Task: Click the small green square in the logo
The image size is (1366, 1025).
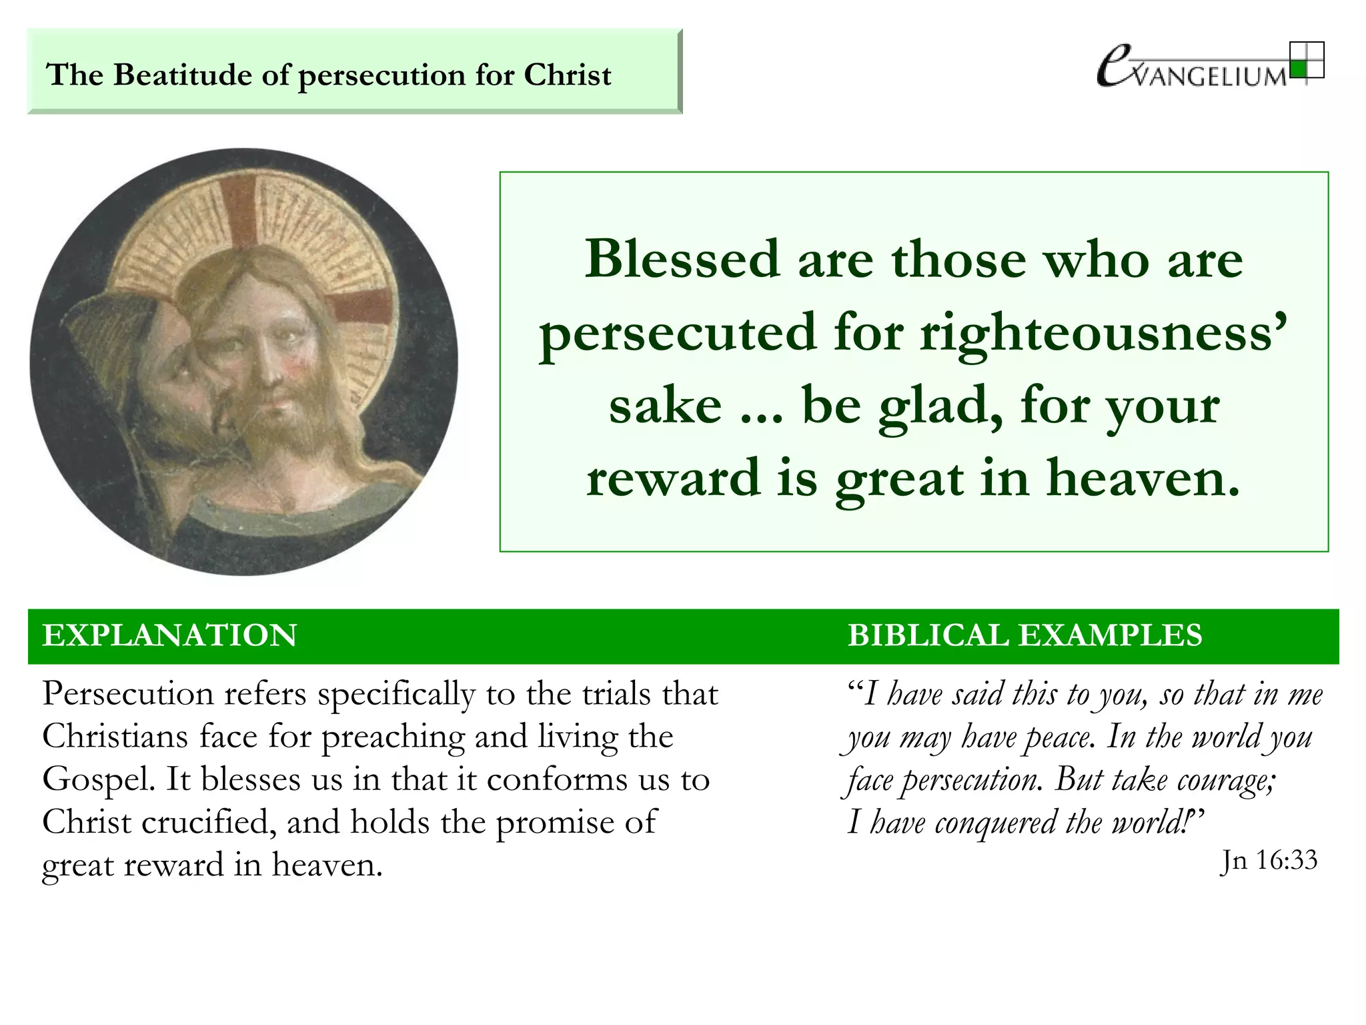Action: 1297,69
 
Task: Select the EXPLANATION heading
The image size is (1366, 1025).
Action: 169,635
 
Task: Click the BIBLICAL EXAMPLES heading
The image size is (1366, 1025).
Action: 1024,635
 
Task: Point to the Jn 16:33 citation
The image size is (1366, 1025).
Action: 1269,861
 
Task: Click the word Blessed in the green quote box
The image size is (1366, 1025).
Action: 682,259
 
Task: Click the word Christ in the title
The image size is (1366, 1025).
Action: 567,75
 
